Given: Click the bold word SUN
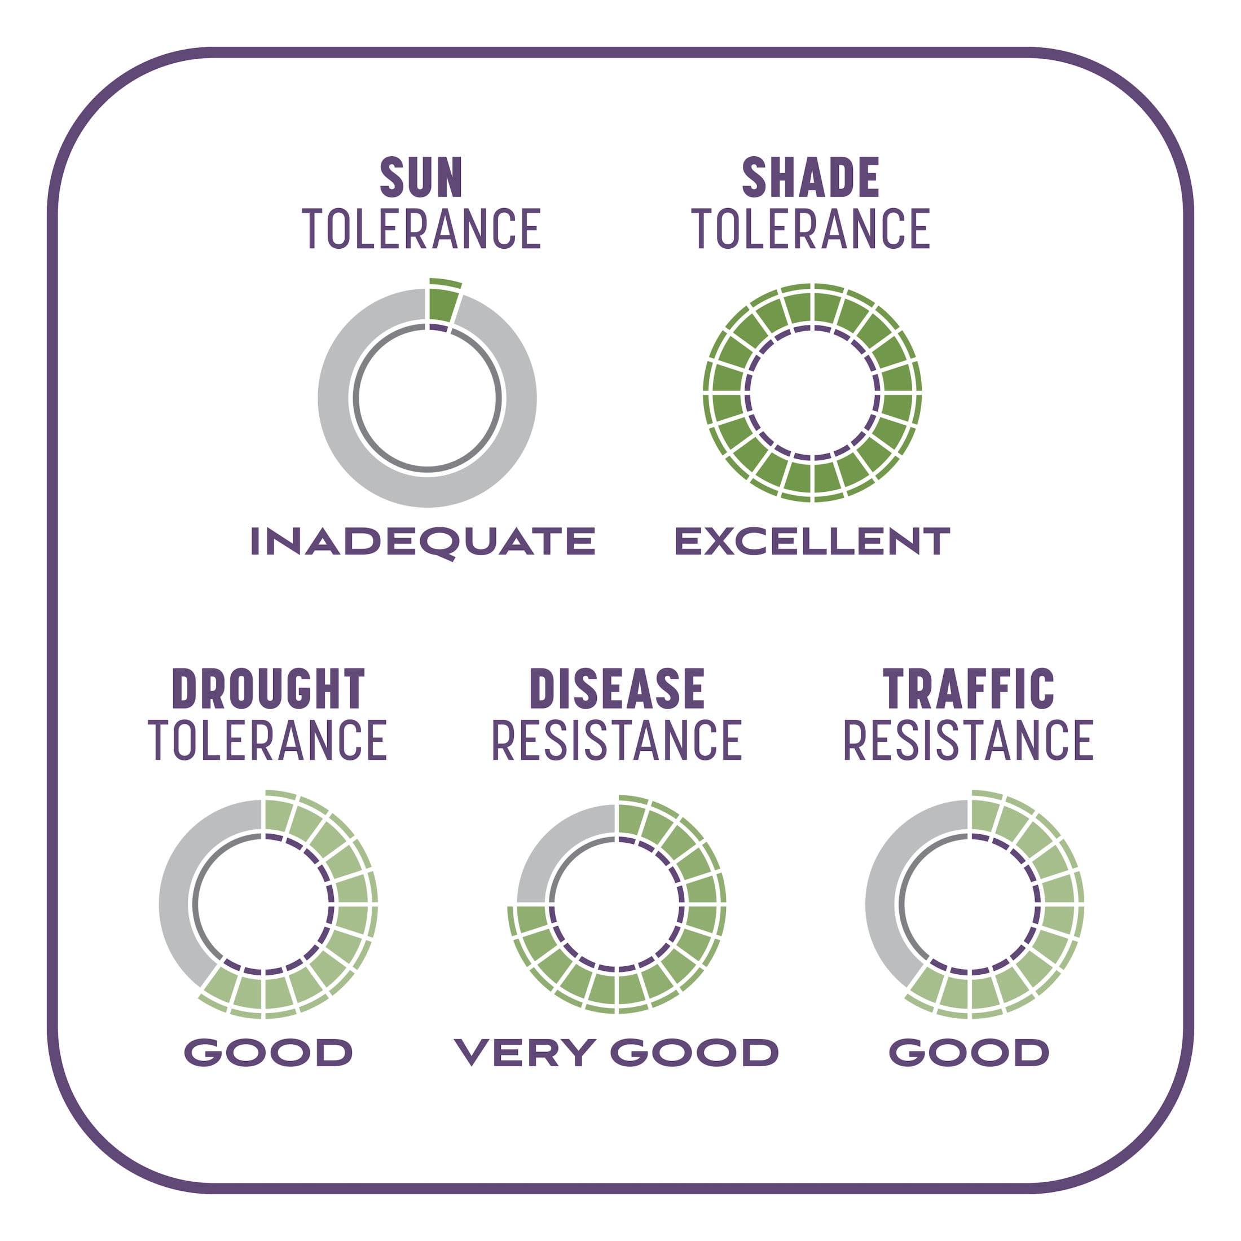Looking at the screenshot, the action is (421, 177).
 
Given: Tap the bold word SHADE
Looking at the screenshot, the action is (811, 177).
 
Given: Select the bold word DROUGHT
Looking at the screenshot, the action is (269, 689).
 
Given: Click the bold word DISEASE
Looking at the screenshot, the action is (617, 689).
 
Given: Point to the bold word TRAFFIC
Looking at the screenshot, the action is (969, 689).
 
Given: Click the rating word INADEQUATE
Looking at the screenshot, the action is (423, 542).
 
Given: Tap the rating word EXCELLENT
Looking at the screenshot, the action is (812, 541).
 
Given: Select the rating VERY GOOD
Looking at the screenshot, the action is (617, 1052).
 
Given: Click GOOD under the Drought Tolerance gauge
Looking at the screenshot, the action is (269, 1052).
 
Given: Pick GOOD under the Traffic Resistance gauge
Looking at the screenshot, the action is (969, 1052).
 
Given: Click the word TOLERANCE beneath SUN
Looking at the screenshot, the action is (422, 228).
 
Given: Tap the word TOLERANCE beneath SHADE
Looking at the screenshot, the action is (811, 228).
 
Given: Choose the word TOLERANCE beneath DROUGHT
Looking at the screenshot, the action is (268, 740).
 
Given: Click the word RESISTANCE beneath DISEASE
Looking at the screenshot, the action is (617, 740).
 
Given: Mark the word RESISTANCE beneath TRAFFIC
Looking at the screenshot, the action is (969, 740).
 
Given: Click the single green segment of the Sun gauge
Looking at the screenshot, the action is (443, 302).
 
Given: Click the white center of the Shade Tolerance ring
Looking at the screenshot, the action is (812, 393).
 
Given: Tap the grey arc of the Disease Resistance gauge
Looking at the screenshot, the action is (540, 848).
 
